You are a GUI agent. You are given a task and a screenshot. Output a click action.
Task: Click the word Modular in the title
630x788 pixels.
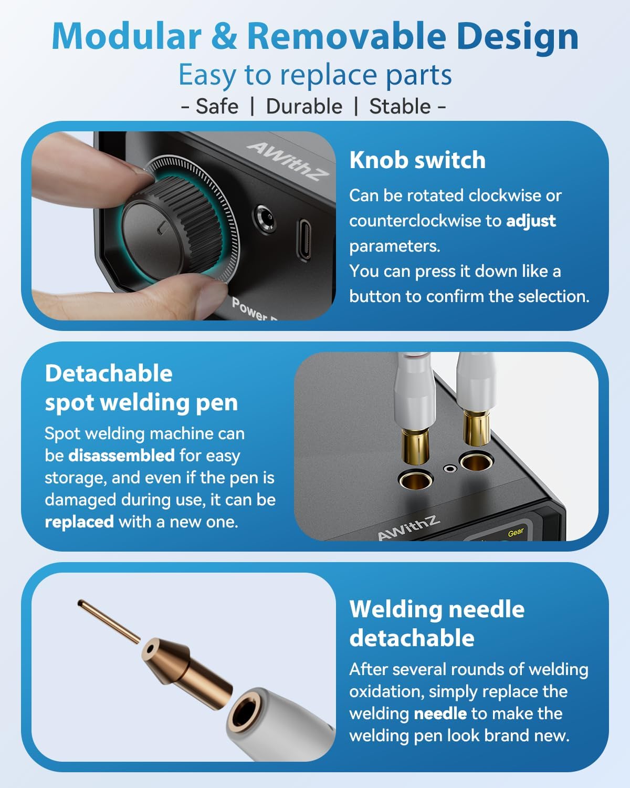[126, 36]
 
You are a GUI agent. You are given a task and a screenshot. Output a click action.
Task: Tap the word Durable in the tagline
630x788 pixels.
[304, 106]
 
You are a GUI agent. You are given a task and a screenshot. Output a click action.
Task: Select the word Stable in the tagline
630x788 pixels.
[400, 106]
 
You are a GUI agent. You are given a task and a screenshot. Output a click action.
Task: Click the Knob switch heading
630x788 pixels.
[417, 160]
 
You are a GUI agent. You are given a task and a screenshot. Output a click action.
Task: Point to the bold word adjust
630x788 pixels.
[531, 221]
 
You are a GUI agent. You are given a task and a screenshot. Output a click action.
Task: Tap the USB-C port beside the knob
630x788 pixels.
[305, 239]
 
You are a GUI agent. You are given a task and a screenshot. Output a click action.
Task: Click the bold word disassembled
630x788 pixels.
[121, 455]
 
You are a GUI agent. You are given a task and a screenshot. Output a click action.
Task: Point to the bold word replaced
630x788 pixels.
[79, 522]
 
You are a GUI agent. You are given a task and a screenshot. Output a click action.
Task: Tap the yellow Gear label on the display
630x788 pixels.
[516, 533]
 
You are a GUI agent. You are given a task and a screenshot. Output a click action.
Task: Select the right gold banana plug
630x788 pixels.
[476, 428]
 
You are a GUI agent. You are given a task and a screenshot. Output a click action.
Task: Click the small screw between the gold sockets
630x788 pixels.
[449, 469]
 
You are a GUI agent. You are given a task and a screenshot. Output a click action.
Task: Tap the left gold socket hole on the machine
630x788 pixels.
[415, 479]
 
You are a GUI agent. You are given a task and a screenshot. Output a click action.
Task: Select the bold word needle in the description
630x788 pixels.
[440, 713]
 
